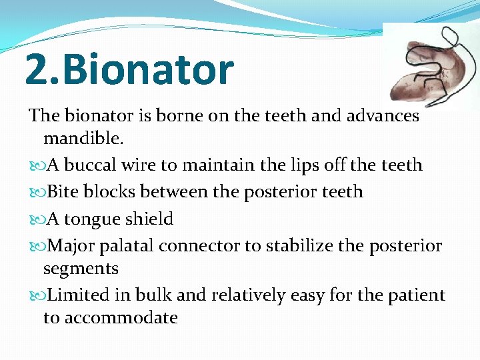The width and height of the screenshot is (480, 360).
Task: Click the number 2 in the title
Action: [x=35, y=70]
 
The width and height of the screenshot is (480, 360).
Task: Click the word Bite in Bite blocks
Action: [x=63, y=192]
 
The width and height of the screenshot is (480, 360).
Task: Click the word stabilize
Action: [x=296, y=246]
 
